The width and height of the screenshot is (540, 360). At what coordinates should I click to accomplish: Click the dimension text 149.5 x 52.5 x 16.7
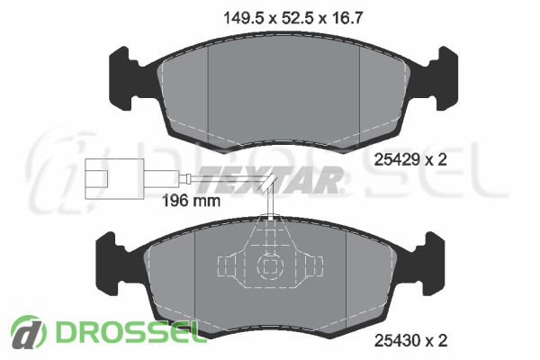[293, 18]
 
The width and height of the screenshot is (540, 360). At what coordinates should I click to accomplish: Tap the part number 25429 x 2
[410, 159]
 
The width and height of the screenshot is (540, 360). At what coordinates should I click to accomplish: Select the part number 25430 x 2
[410, 340]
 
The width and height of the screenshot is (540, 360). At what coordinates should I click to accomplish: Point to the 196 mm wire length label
[191, 201]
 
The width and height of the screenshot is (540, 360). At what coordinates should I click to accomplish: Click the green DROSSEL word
[127, 332]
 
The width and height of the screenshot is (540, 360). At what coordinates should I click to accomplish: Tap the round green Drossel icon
[28, 332]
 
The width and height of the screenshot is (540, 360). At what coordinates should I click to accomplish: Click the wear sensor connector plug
[114, 179]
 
